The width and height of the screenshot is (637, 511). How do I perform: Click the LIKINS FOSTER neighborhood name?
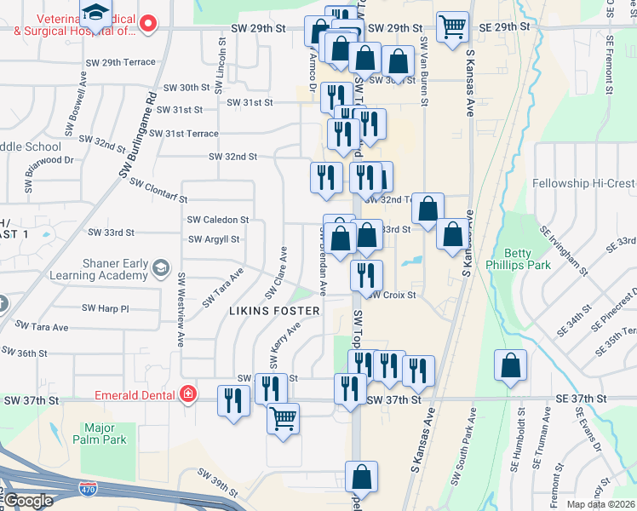pyautogui.click(x=274, y=311)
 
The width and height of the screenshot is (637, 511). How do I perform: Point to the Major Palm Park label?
pyautogui.click(x=106, y=433)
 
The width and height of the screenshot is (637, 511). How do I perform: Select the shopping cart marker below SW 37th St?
pyautogui.click(x=283, y=417)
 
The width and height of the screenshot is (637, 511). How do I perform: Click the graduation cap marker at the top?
pyautogui.click(x=95, y=13)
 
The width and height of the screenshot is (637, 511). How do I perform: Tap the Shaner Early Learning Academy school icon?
pyautogui.click(x=159, y=270)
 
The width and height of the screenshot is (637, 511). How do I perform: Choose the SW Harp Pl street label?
pyautogui.click(x=105, y=307)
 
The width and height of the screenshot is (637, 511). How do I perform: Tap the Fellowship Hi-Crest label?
pyautogui.click(x=583, y=183)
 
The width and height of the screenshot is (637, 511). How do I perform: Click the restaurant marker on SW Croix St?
pyautogui.click(x=366, y=274)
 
